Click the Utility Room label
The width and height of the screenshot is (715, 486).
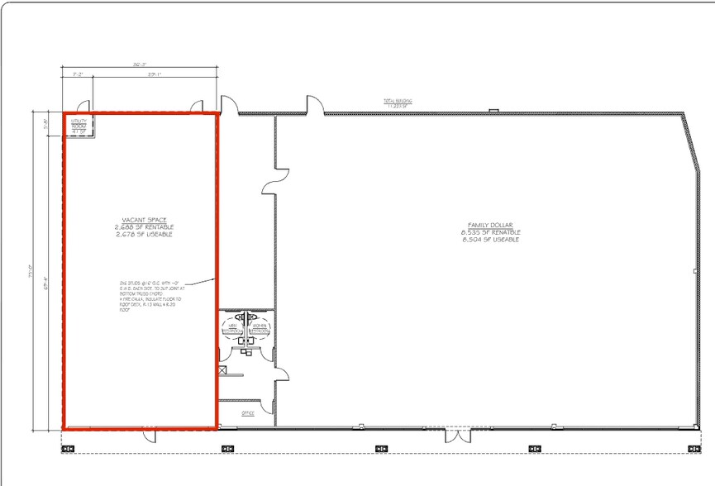click(x=79, y=126)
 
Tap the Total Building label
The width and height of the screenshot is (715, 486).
click(x=398, y=102)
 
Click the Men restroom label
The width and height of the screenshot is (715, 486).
click(x=233, y=328)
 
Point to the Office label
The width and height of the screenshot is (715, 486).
click(x=247, y=412)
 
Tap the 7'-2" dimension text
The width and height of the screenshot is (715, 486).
click(x=78, y=75)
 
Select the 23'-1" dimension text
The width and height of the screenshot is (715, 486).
click(x=154, y=75)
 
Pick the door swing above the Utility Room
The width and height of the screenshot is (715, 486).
click(x=81, y=105)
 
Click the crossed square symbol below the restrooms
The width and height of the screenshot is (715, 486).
click(x=222, y=371)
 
